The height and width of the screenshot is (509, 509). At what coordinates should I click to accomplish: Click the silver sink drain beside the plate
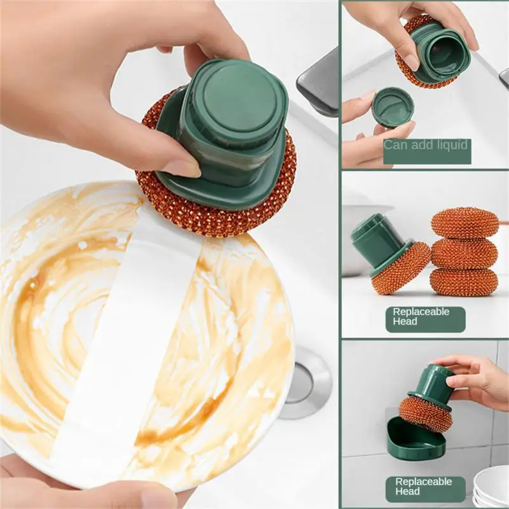point(305,382)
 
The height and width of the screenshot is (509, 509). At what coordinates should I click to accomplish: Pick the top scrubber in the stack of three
point(464,223)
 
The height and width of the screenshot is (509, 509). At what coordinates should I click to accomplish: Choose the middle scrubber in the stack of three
point(464,253)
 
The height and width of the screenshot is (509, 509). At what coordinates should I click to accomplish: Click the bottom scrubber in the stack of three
point(463,281)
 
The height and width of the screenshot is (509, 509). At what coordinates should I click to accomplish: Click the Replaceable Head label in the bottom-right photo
point(424,487)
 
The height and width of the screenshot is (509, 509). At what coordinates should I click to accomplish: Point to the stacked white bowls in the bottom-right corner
point(491,487)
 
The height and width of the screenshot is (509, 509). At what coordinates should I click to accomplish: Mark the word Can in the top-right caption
point(395,145)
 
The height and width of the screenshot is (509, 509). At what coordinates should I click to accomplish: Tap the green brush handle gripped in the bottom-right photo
point(432,382)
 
